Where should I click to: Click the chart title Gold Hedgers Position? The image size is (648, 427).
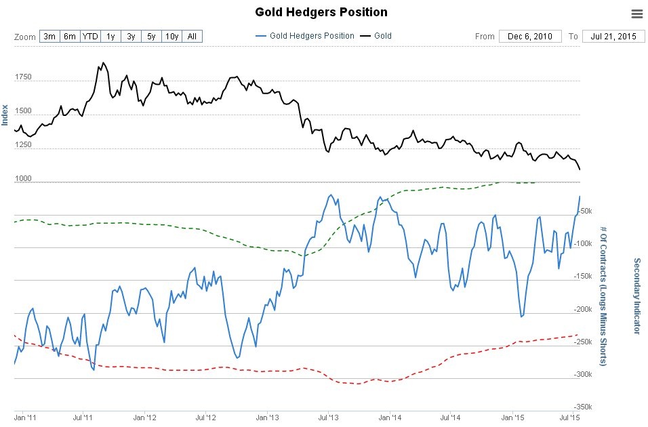[x=321, y=12]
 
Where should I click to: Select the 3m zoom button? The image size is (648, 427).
[x=49, y=36]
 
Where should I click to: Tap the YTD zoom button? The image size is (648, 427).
[x=89, y=36]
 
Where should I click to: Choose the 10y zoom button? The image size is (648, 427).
[x=171, y=36]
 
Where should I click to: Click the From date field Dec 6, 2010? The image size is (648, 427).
[x=529, y=36]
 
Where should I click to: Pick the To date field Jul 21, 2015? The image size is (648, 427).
[x=613, y=36]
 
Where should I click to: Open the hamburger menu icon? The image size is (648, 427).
[x=636, y=14]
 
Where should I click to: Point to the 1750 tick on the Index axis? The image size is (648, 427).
[x=22, y=77]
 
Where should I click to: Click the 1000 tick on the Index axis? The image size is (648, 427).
[x=22, y=178]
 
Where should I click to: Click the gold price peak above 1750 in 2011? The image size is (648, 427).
[x=103, y=63]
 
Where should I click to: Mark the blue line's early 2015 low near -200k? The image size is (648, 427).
[x=521, y=317]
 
